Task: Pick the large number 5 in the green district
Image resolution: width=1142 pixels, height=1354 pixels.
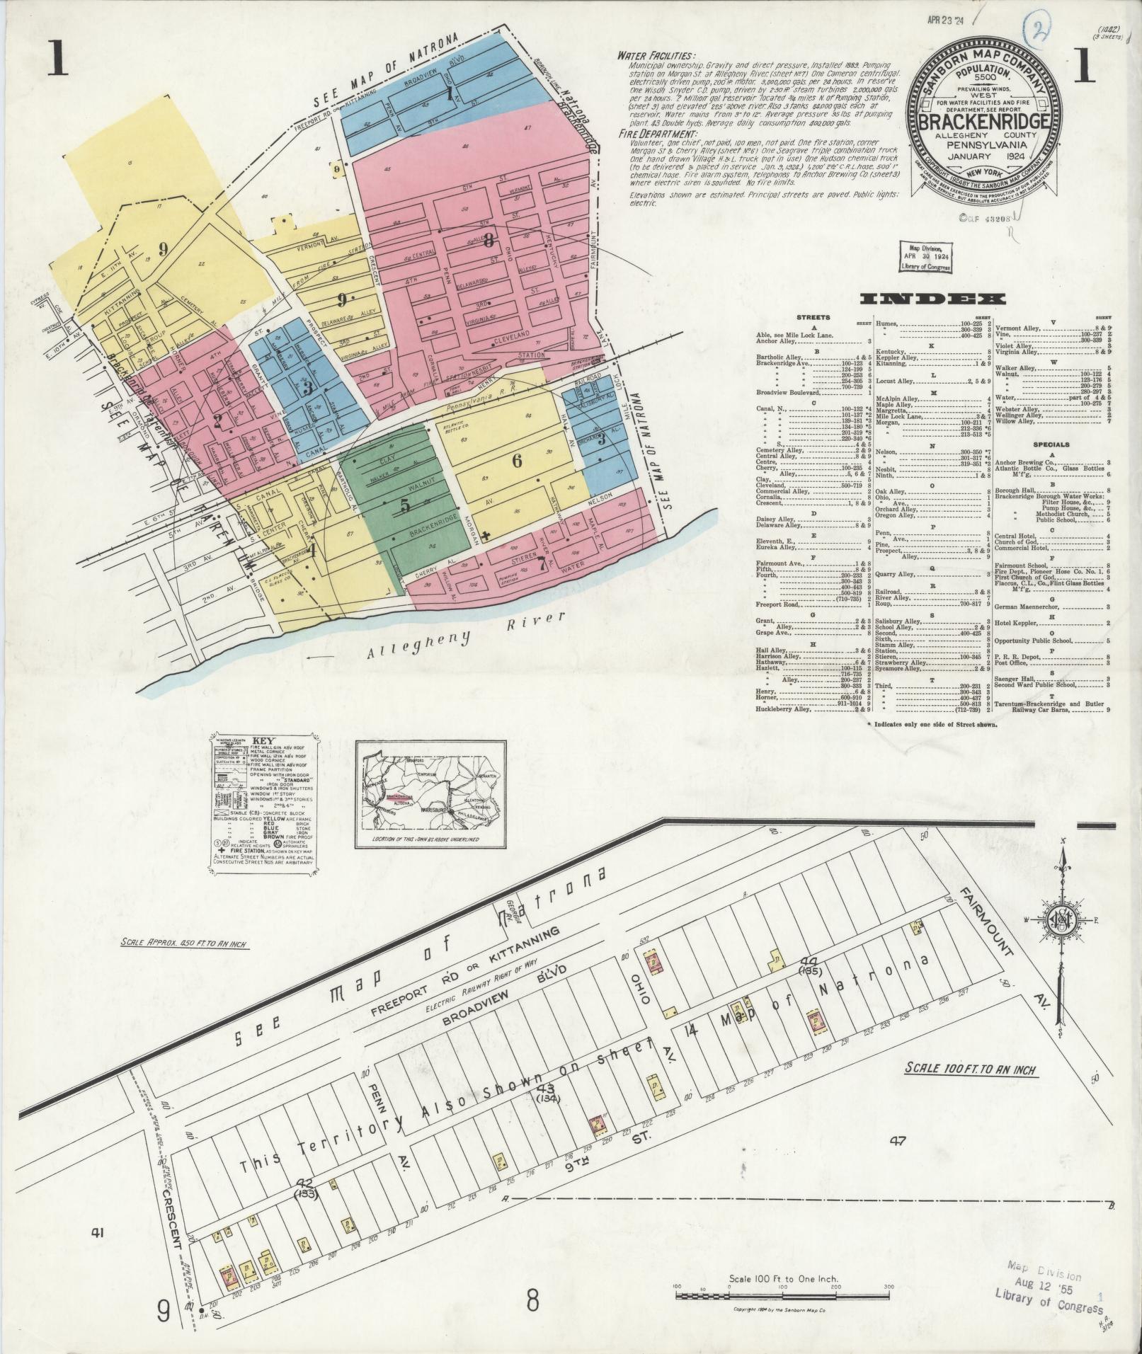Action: click(405, 505)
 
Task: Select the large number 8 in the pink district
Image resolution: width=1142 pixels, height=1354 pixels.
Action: click(489, 239)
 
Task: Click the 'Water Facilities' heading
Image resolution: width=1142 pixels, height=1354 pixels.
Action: click(656, 55)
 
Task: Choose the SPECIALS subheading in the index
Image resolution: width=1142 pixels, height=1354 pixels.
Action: click(1052, 444)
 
